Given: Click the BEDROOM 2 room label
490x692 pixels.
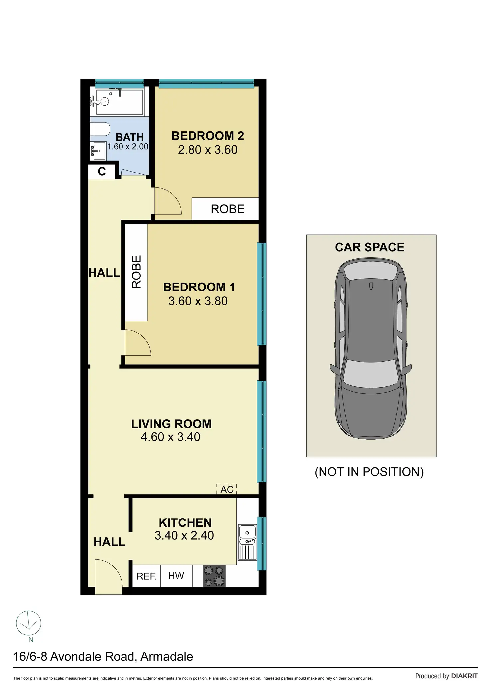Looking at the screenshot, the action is tap(208, 136).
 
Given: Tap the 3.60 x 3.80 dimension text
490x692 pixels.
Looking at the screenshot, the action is tap(198, 301).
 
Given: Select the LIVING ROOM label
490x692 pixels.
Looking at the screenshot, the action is tap(171, 424).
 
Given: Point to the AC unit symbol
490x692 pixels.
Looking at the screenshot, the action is tap(227, 489).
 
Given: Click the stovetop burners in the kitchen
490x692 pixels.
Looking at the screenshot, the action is tap(214, 576).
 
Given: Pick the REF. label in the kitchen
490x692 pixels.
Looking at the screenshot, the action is tap(146, 576).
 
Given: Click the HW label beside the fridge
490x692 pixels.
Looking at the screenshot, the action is tap(176, 575).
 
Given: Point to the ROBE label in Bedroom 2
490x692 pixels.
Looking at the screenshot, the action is tap(228, 209).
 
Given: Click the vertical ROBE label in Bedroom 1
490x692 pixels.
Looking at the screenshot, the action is tap(136, 272).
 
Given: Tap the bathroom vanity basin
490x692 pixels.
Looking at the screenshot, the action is tap(98, 151).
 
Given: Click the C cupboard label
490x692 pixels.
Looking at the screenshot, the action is tap(102, 172).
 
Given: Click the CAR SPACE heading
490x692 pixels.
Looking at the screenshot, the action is tap(369, 247).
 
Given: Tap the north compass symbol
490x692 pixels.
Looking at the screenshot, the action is tap(29, 623).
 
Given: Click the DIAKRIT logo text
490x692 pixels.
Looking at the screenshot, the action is tap(464, 676).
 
